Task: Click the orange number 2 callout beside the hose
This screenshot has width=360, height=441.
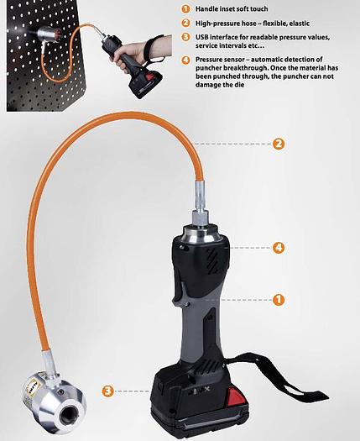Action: (x=279, y=144)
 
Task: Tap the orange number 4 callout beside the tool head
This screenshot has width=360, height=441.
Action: (x=279, y=248)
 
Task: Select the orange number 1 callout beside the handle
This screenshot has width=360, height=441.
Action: (x=279, y=300)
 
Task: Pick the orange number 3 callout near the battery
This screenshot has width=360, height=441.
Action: (x=108, y=391)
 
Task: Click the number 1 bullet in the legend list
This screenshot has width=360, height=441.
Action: (x=185, y=9)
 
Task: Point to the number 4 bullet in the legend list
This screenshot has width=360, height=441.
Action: (x=185, y=60)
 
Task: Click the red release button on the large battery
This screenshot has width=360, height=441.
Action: (x=236, y=396)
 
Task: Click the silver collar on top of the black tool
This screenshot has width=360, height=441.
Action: (x=201, y=233)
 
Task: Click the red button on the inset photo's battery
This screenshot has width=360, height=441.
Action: (x=151, y=76)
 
